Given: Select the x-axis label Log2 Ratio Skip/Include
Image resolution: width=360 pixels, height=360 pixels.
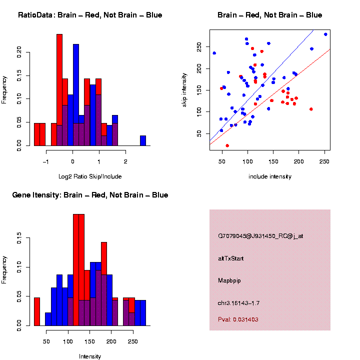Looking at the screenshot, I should pos(90,176).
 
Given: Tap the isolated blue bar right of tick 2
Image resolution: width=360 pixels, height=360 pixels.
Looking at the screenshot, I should pos(143,140).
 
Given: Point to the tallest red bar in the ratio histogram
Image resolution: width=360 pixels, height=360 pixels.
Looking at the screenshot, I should pos(59,90).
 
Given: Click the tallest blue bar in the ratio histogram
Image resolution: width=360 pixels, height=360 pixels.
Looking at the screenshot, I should pos(76,95).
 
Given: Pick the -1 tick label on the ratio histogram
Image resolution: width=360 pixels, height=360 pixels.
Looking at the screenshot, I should pos(45,162).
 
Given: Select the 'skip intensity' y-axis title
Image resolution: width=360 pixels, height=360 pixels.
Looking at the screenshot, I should pos(198,89).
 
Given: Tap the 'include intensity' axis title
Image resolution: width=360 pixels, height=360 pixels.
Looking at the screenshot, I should pos(270,176).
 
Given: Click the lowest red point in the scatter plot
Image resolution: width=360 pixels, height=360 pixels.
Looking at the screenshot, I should pos(227,145).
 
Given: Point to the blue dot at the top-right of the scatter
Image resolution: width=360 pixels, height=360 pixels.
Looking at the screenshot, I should pos(325,34).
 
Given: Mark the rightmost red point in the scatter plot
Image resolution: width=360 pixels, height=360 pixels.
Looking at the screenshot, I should pos(311,109).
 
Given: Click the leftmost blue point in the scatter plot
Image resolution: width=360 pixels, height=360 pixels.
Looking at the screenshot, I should pos(214,53).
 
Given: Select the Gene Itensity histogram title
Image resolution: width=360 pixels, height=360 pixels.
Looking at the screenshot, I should pos(90,195).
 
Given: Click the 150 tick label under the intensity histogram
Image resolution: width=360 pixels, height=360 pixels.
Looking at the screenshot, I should pos(89,342).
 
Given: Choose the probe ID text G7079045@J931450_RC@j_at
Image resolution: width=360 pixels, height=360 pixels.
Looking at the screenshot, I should pos(260,236).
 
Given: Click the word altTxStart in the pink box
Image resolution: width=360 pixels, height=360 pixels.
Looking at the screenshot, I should pos(231,258).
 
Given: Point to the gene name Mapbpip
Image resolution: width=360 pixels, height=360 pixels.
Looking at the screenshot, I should pos(229,281).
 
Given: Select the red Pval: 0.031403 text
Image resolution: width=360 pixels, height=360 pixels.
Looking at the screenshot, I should pos(238,319).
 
